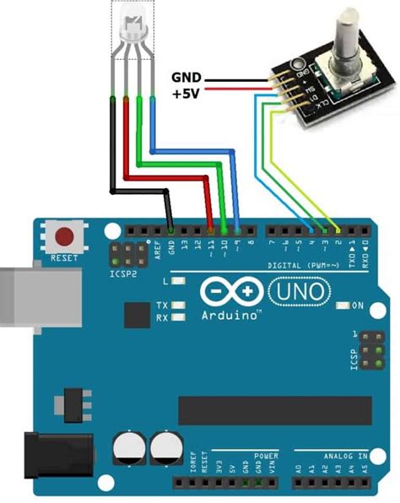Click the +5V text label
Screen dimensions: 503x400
point(186,94)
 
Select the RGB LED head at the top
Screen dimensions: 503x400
point(132,26)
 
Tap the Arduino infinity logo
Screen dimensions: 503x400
point(233,292)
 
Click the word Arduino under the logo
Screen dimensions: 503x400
point(229,315)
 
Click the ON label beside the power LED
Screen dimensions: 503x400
point(358,305)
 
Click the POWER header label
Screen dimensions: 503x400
point(267,456)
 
